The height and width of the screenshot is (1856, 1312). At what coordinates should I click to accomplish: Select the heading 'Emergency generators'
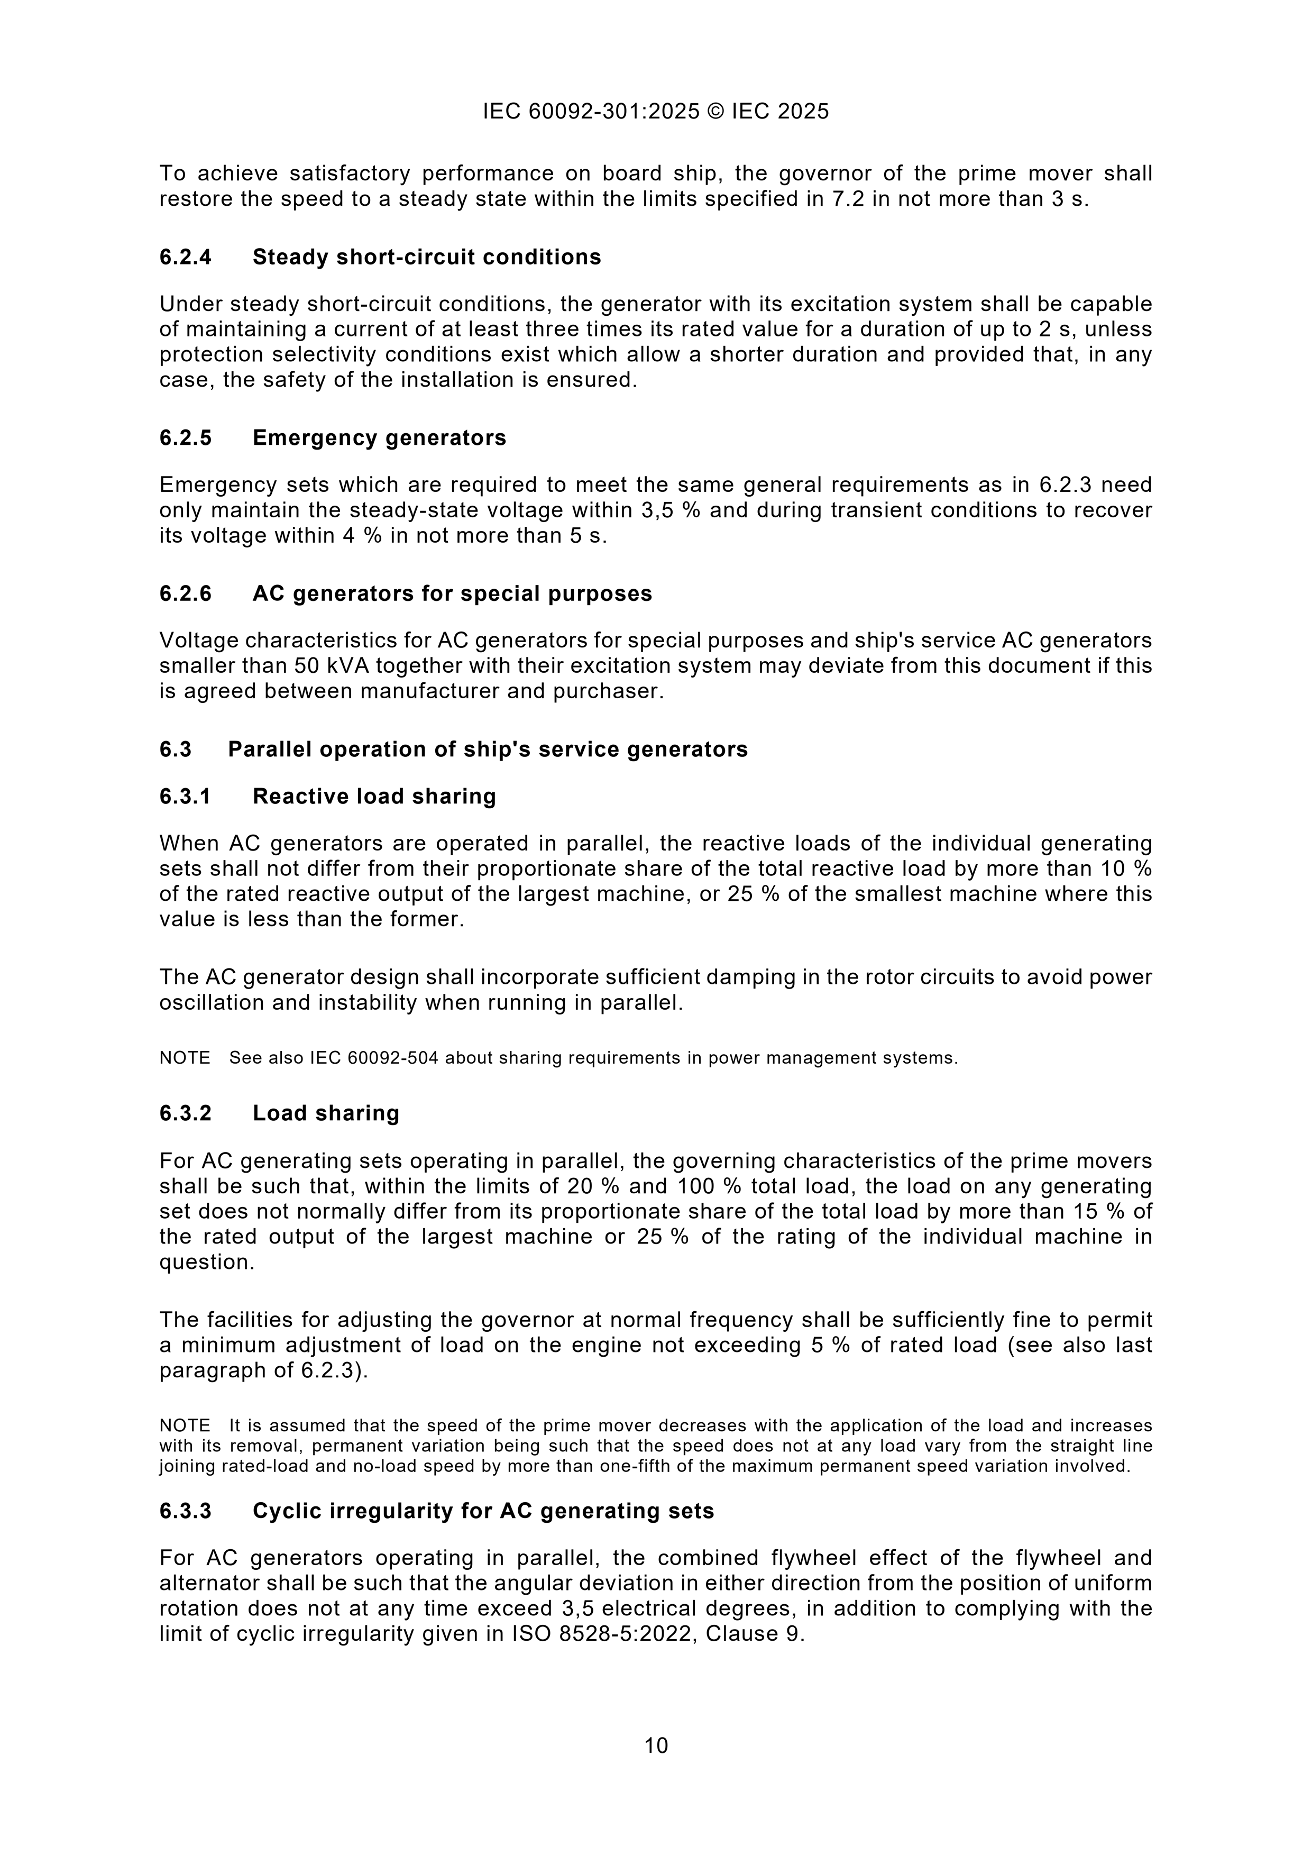[379, 437]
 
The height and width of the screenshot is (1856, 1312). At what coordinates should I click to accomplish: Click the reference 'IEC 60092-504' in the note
[374, 1057]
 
